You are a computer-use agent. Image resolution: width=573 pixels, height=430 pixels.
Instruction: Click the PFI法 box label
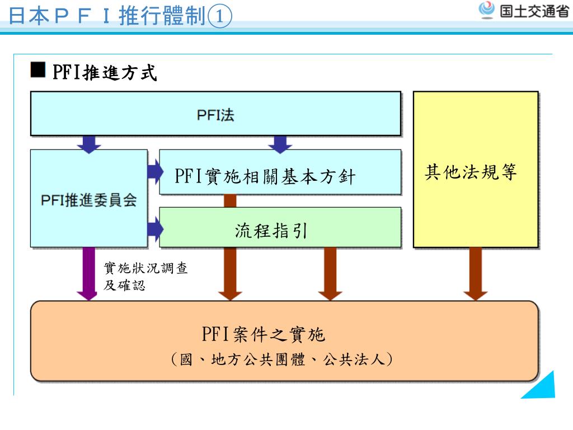click(215, 115)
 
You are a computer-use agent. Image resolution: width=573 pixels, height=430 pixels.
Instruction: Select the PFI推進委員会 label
click(89, 200)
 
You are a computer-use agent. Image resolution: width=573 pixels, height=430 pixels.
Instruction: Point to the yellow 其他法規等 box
click(476, 170)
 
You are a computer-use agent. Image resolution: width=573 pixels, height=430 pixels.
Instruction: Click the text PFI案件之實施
click(263, 335)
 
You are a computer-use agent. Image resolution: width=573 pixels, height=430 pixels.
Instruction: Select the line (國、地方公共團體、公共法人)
click(281, 359)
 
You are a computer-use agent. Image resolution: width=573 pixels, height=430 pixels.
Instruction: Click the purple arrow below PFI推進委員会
click(87, 274)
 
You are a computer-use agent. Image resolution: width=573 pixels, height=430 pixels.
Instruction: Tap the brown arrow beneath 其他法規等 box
click(476, 274)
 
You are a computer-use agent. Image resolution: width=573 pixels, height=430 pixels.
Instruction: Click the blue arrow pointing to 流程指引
click(155, 229)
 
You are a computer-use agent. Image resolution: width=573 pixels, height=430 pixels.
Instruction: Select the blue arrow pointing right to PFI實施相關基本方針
click(155, 171)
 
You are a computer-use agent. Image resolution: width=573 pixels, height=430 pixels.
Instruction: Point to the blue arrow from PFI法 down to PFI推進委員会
click(89, 143)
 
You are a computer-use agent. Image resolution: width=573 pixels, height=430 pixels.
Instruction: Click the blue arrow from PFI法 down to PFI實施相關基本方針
click(280, 143)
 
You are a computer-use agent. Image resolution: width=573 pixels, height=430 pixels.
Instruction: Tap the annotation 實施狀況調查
click(146, 269)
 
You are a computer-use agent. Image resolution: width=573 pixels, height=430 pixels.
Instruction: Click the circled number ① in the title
click(219, 17)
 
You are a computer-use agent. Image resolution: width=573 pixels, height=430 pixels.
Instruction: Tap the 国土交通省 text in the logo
click(534, 12)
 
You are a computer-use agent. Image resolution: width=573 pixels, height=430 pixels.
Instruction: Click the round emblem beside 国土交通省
click(487, 10)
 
